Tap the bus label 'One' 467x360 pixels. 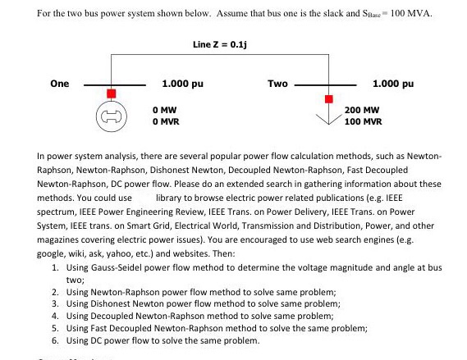pyautogui.click(x=59, y=83)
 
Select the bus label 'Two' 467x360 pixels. pyautogui.click(x=277, y=83)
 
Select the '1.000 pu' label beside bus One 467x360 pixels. pyautogui.click(x=182, y=83)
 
